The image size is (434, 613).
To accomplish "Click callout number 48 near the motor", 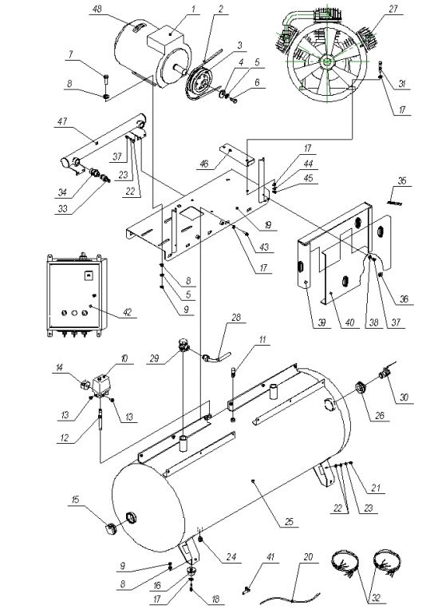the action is pos(96,9).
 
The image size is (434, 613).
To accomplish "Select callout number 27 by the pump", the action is pos(393,9).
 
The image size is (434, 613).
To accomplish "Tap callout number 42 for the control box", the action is pos(128,312).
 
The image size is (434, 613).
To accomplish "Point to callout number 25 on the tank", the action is pos(289,522).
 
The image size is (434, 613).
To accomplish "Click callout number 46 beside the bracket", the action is pos(204,164).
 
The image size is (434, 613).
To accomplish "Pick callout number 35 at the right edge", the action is pos(402,180).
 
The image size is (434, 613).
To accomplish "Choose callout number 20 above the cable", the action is pos(309,556).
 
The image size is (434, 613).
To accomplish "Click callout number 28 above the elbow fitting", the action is pos(236,317).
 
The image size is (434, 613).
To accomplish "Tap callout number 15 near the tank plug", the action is pos(76,499).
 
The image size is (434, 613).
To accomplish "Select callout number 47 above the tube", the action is pos(62,121).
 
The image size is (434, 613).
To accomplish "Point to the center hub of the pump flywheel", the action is pos(325,61).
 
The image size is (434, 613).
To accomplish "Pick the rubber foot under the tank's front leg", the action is pos(191,570).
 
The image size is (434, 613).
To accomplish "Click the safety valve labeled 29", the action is pos(183,345).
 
